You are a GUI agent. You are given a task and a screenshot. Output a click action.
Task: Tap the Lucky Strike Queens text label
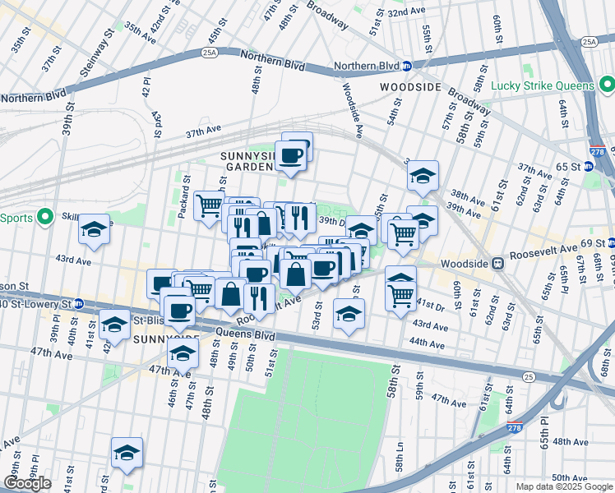click(543, 85)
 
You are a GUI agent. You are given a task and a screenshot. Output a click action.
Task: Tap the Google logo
click(27, 483)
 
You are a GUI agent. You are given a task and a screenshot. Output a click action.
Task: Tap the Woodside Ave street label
click(351, 108)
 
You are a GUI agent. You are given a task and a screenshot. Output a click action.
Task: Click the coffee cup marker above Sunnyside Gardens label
click(292, 154)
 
